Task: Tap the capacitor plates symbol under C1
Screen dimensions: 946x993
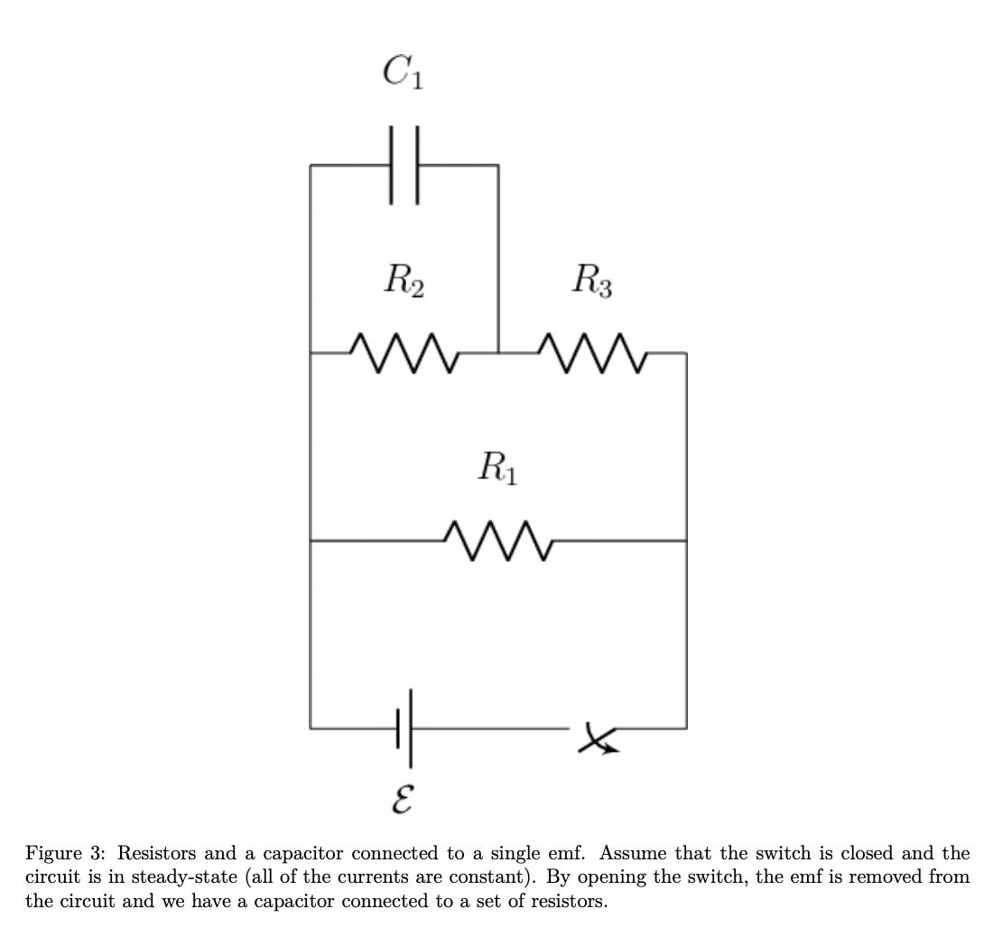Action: pos(404,165)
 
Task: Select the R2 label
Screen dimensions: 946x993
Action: pos(404,281)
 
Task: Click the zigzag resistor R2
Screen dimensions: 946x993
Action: pos(404,352)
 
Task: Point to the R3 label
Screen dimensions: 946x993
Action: pos(592,281)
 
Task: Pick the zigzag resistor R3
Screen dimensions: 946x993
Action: pos(592,352)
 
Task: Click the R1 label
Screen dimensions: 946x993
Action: pos(497,468)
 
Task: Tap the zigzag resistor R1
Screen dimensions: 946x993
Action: pos(497,540)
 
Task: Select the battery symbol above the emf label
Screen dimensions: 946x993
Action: pos(404,727)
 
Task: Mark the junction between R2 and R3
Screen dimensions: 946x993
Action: pos(498,353)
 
